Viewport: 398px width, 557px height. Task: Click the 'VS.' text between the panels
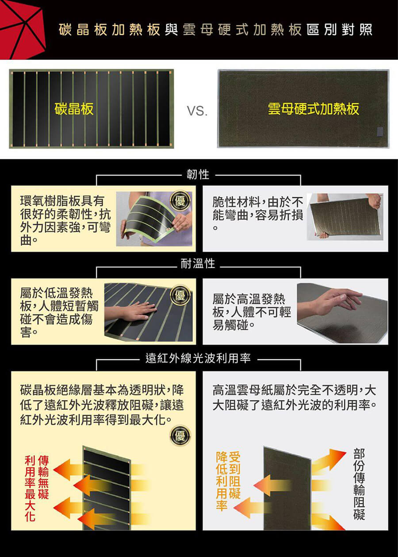pyautogui.click(x=197, y=111)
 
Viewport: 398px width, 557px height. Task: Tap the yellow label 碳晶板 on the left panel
pyautogui.click(x=74, y=109)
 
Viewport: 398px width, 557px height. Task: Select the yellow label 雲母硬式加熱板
pyautogui.click(x=314, y=109)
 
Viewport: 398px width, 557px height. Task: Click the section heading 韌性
pyautogui.click(x=198, y=174)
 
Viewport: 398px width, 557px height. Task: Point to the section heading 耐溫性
pyautogui.click(x=198, y=264)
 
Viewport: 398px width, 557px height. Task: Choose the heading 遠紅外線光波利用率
pyautogui.click(x=198, y=358)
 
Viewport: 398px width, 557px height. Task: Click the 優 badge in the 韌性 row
pyautogui.click(x=180, y=201)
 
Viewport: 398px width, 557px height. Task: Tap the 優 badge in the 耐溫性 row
pyautogui.click(x=180, y=295)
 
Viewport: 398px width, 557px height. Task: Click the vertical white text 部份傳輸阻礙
pyautogui.click(x=359, y=484)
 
